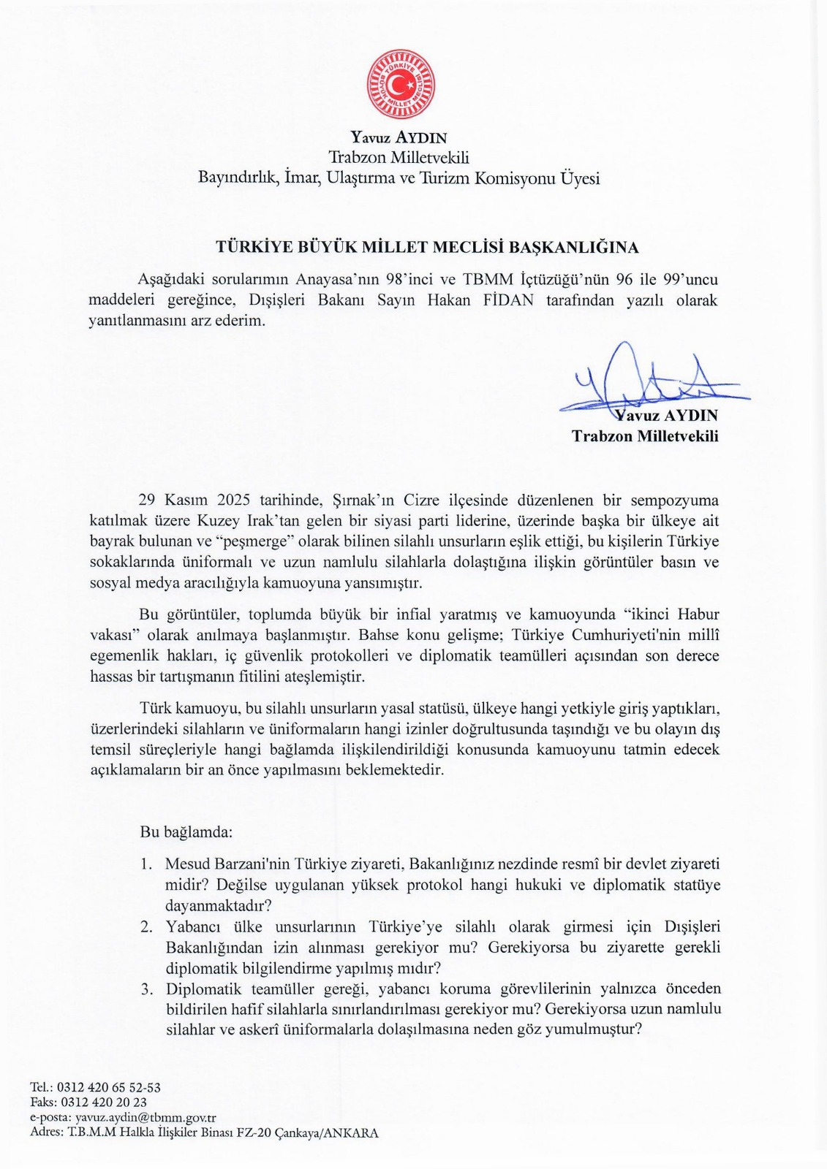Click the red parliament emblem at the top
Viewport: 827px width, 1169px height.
pos(400,84)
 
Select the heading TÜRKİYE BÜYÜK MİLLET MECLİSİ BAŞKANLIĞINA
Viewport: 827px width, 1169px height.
pos(427,247)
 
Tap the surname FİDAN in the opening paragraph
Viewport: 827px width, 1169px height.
pos(508,300)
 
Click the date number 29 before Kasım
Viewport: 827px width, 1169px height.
pos(147,500)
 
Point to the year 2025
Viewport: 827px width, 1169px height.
pos(234,500)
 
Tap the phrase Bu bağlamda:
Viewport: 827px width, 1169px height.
pos(186,831)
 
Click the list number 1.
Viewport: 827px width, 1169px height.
pos(146,864)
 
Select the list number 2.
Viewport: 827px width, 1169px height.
pos(146,926)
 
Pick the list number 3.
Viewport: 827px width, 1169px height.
pos(146,989)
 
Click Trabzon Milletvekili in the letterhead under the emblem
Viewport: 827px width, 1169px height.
pos(399,157)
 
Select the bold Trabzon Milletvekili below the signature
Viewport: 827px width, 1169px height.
pos(645,436)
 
